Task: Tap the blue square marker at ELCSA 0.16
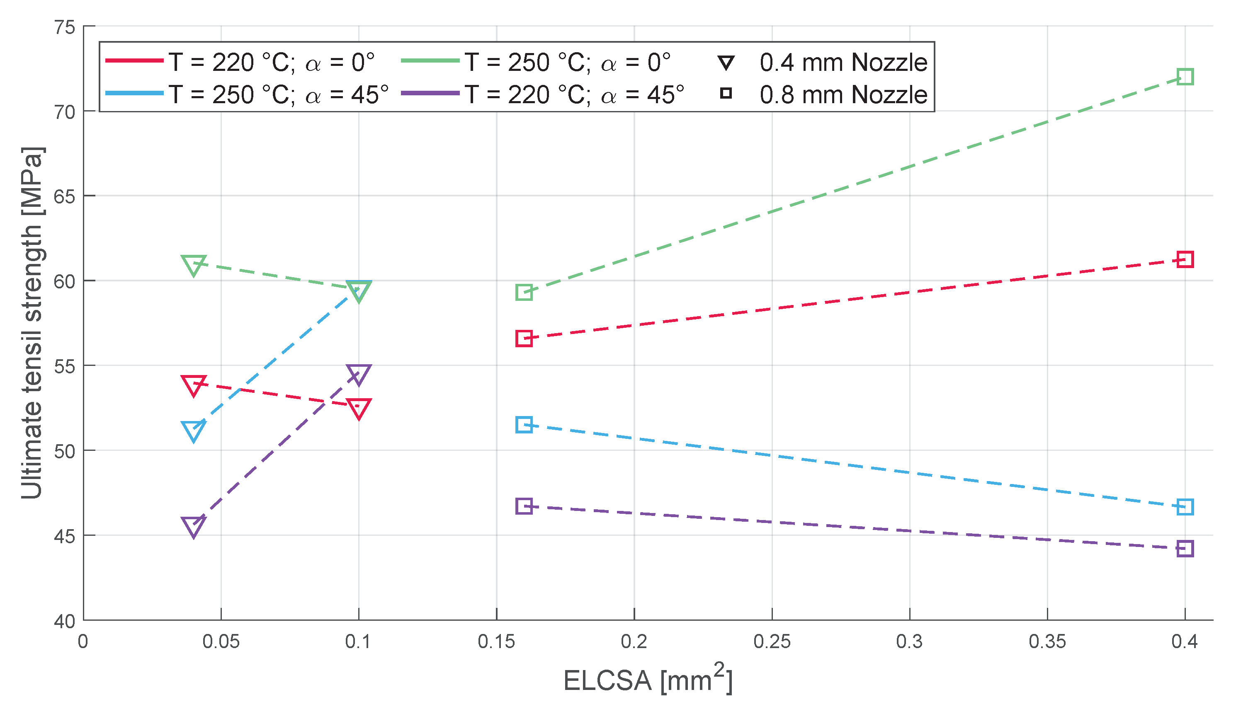(x=524, y=425)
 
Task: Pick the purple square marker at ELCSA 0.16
(x=524, y=506)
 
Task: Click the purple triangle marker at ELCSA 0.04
(x=193, y=526)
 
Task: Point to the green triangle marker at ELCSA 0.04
(x=193, y=265)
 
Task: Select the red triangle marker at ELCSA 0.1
(x=359, y=408)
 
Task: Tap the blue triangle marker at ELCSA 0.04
(x=193, y=431)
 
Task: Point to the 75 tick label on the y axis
(x=65, y=27)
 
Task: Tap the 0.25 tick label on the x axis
(x=772, y=642)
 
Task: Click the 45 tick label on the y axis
(x=65, y=536)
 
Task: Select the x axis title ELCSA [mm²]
(x=648, y=679)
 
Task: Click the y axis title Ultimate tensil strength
(x=33, y=322)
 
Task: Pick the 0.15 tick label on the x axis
(x=496, y=642)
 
